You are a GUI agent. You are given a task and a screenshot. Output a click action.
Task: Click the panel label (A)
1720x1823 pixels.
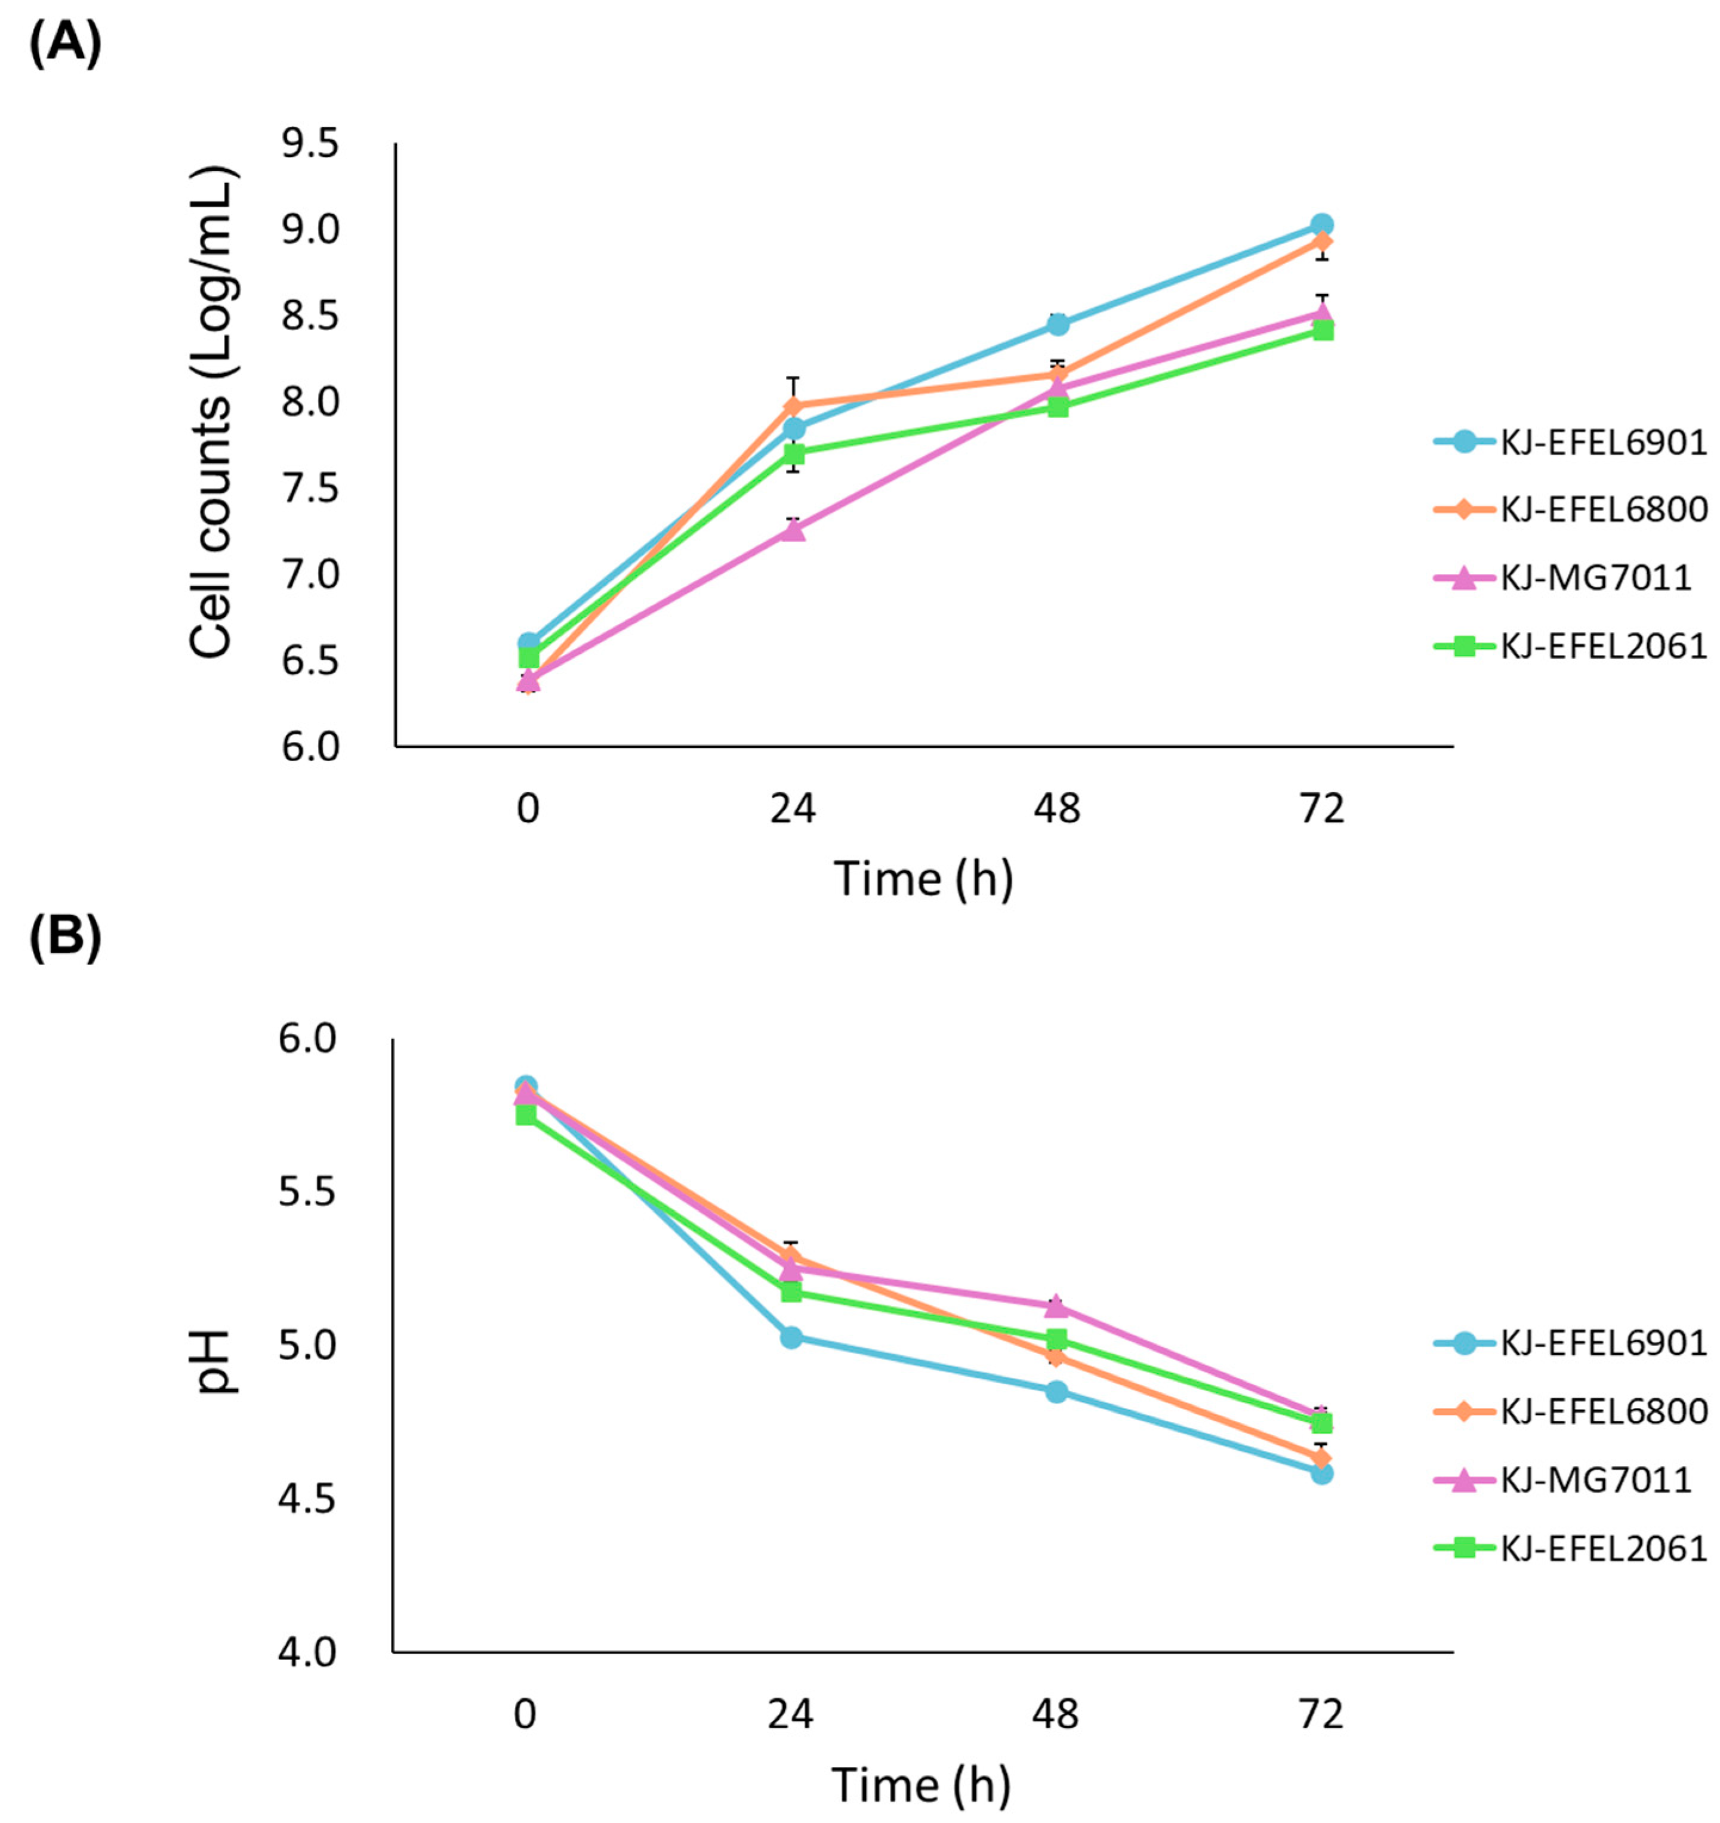point(64,43)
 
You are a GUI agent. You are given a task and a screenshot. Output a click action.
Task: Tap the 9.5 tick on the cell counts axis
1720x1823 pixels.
point(310,144)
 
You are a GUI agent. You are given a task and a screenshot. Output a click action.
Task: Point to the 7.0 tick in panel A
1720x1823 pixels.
point(310,575)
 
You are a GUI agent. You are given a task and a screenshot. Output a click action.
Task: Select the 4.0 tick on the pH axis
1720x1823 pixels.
point(310,1652)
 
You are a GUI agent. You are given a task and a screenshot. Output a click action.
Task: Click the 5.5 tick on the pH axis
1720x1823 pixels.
point(310,1192)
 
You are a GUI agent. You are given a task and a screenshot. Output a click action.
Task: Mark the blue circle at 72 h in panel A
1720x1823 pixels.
point(1322,225)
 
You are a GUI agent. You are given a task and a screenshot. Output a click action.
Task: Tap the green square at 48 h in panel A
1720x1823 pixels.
point(1058,406)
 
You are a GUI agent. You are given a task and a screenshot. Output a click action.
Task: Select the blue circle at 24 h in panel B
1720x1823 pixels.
point(791,1337)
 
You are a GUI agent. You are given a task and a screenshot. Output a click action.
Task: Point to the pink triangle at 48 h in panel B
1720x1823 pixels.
point(1057,1305)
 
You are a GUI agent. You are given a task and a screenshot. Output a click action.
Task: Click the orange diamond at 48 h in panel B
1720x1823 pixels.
point(1057,1357)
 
